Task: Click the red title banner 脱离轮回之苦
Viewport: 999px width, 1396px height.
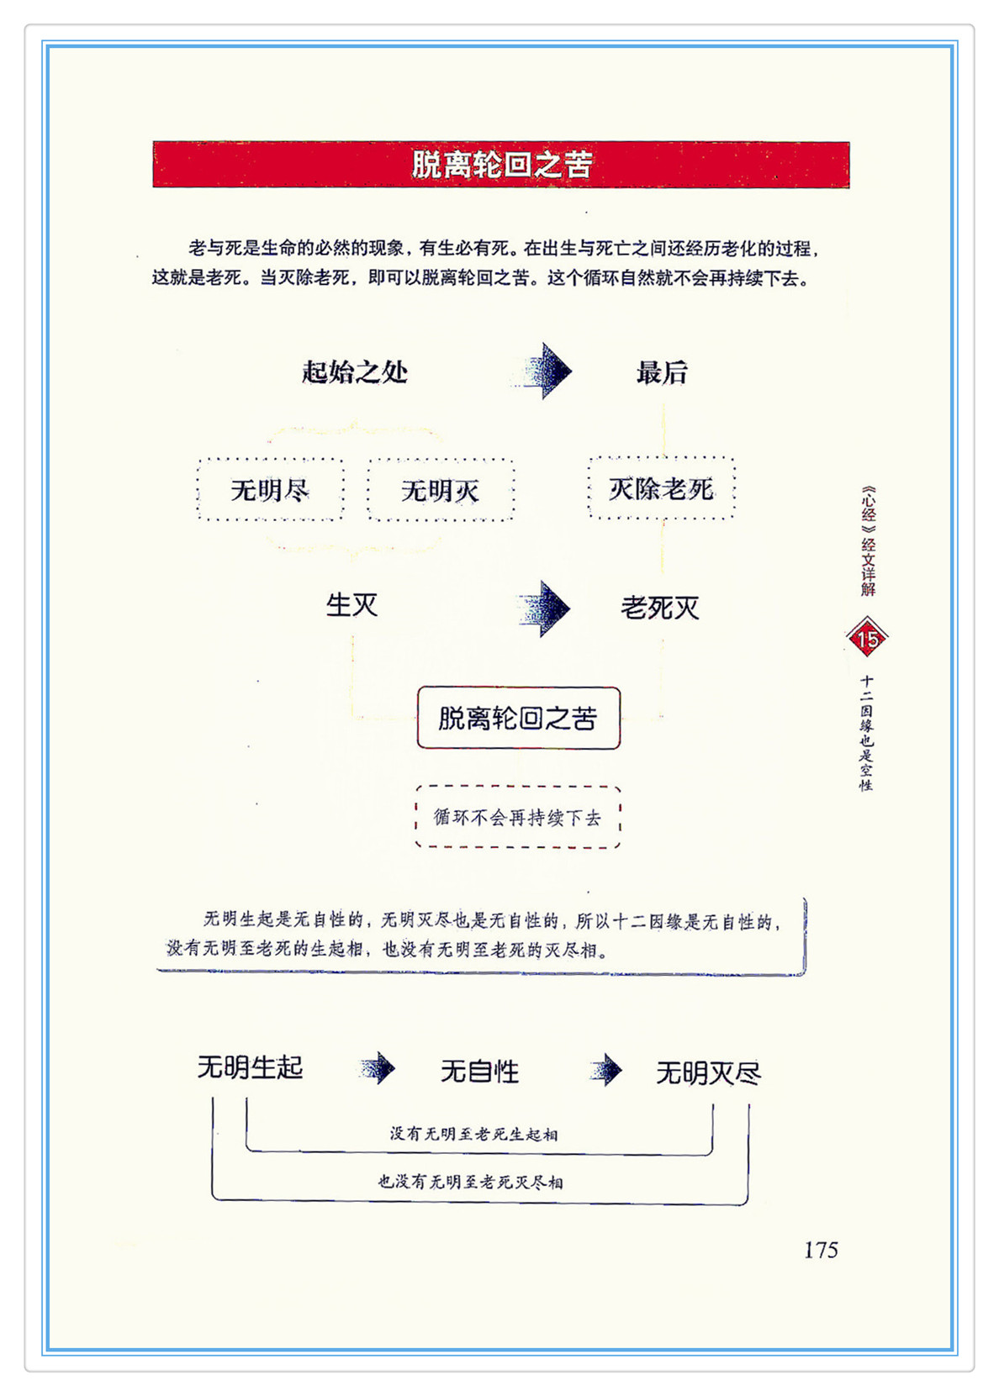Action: click(x=501, y=164)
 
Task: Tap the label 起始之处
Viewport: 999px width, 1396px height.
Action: click(x=355, y=371)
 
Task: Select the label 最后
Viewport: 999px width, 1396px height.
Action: click(x=662, y=371)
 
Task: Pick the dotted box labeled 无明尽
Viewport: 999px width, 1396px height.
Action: click(x=271, y=489)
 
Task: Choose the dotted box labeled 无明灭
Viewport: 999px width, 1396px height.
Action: click(x=441, y=490)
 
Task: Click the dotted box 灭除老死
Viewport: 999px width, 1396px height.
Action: click(x=662, y=488)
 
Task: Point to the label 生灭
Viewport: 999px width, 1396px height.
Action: click(x=352, y=604)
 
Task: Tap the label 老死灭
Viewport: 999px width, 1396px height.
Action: click(x=660, y=608)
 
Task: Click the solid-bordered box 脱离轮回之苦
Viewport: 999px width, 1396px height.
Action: click(x=518, y=718)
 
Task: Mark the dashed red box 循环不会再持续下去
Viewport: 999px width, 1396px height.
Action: click(x=518, y=817)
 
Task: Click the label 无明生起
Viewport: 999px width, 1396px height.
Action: click(x=250, y=1067)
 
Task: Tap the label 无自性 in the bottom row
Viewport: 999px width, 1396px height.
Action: click(x=479, y=1072)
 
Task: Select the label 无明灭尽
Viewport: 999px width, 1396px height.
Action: click(x=708, y=1073)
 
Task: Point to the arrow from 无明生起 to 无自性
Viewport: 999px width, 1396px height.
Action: click(x=378, y=1068)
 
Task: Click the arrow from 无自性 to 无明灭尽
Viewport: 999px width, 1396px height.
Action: click(x=607, y=1070)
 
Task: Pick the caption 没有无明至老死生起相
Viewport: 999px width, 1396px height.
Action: click(x=473, y=1134)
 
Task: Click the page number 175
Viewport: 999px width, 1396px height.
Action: click(x=821, y=1250)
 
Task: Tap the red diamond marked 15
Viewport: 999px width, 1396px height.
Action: click(x=867, y=639)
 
